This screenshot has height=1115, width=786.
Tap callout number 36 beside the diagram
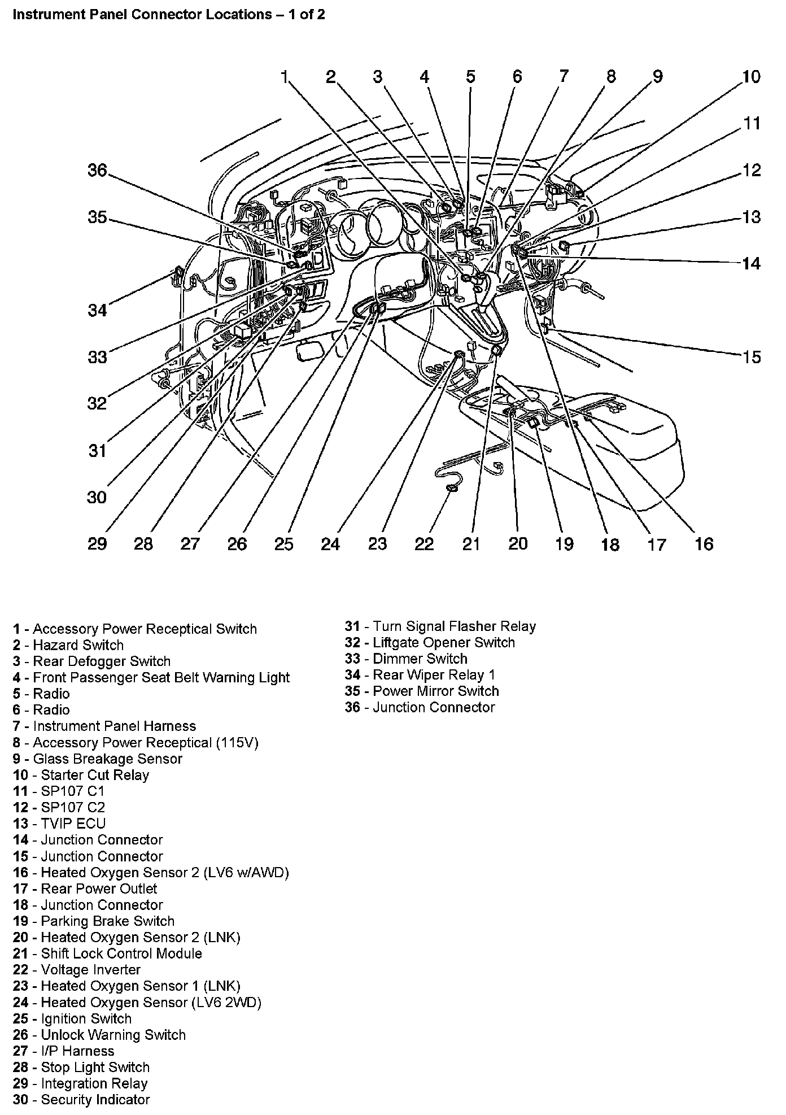pyautogui.click(x=97, y=170)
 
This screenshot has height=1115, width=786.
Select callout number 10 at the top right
pyautogui.click(x=751, y=77)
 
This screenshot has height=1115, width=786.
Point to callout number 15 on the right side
pyautogui.click(x=751, y=357)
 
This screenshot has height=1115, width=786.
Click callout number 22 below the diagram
pyautogui.click(x=424, y=543)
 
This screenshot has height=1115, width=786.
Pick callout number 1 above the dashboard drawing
pyautogui.click(x=285, y=77)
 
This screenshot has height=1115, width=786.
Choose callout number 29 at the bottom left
pyautogui.click(x=97, y=543)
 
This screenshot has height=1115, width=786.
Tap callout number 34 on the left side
pyautogui.click(x=97, y=310)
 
